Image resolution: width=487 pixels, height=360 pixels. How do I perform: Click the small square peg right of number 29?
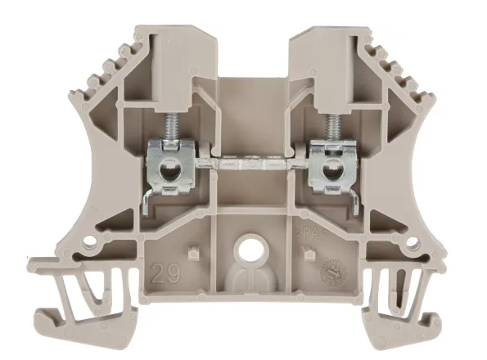coord(192,251)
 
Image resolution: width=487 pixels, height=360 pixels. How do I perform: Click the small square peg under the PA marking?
coord(308,253)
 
